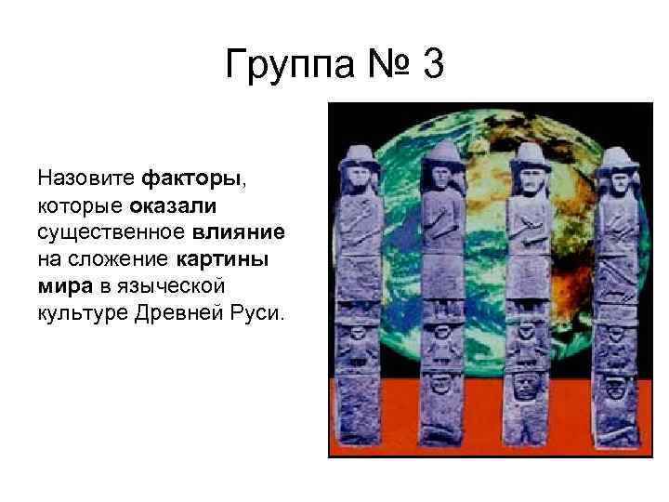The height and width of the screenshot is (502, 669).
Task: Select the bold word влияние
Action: (x=241, y=230)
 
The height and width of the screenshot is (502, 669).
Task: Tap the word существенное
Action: (x=112, y=230)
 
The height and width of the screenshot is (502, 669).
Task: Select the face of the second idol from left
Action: (x=441, y=177)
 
